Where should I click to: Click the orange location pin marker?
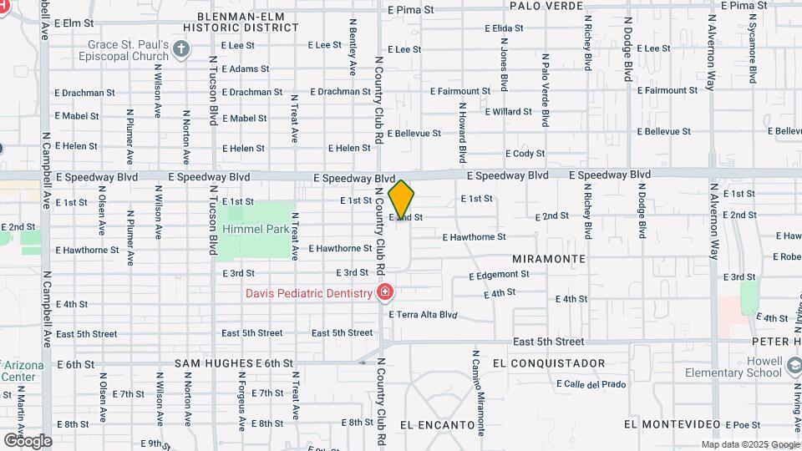(402, 200)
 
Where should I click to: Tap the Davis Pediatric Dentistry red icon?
(384, 293)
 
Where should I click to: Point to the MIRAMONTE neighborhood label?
(549, 259)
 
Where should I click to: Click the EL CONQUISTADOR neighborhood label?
(549, 363)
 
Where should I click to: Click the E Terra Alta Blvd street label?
(424, 315)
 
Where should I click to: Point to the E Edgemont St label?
(499, 275)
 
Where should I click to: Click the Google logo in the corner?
(28, 440)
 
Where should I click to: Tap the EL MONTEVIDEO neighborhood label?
(671, 425)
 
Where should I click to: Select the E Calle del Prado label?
(590, 384)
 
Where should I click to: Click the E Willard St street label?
(507, 111)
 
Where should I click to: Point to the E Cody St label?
(525, 154)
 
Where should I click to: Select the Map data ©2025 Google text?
(749, 444)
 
